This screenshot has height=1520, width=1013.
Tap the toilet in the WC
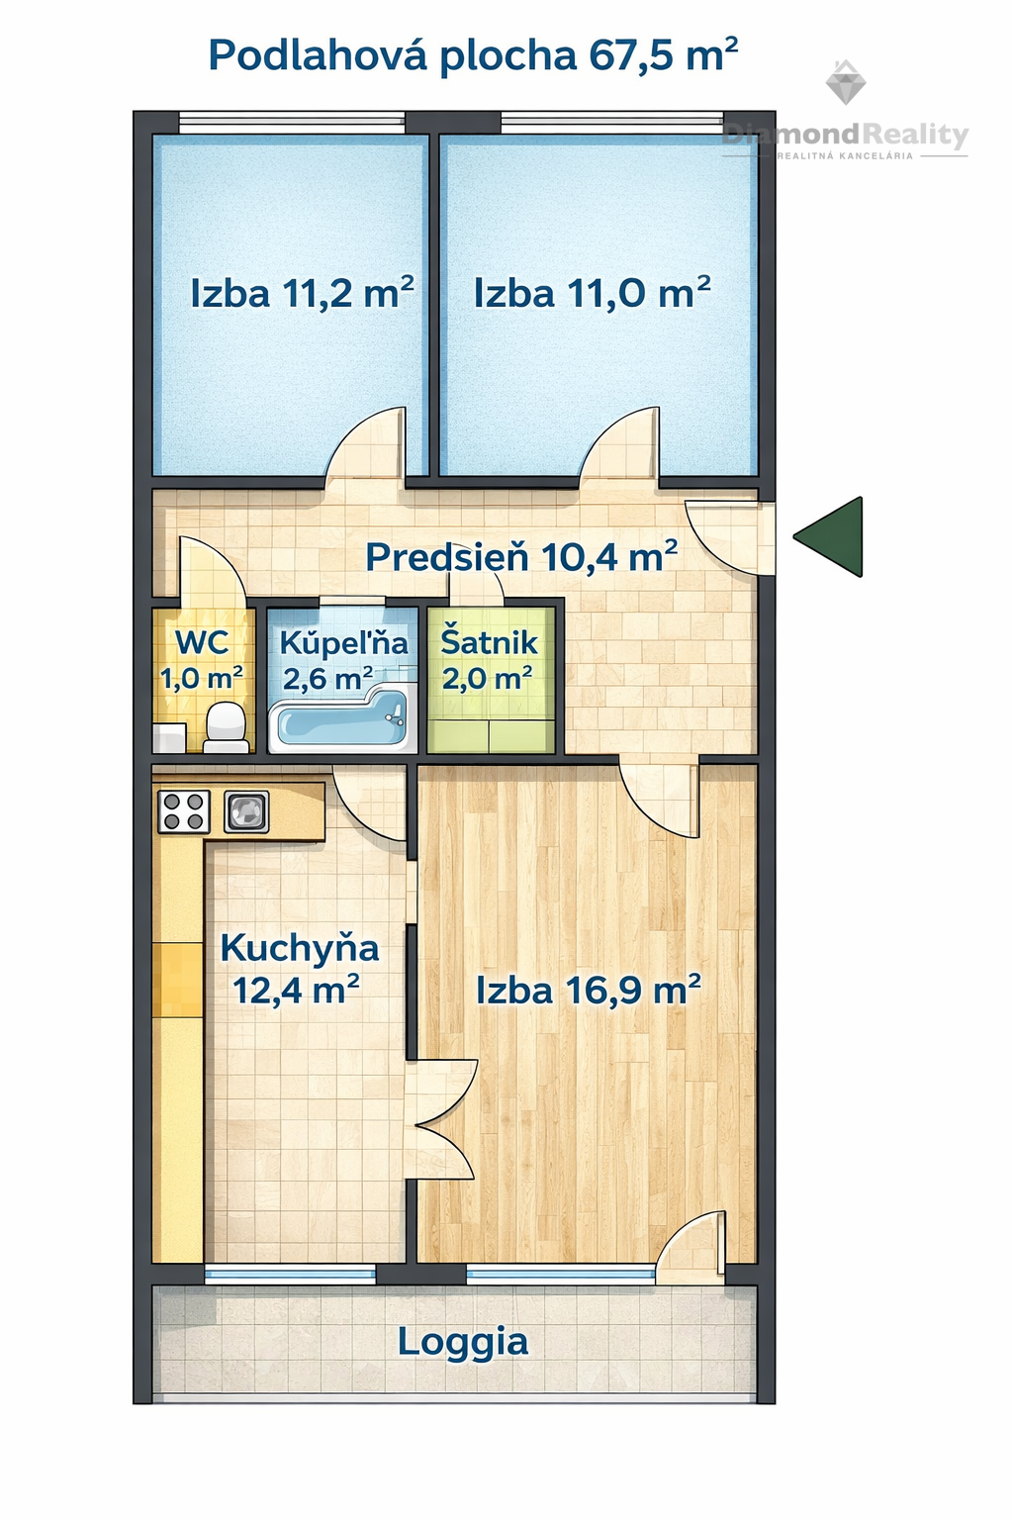[226, 727]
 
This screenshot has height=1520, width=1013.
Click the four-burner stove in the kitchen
[184, 811]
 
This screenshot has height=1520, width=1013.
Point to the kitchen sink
[246, 811]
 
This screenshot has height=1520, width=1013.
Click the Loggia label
[463, 1342]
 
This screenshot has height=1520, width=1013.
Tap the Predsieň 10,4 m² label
[521, 557]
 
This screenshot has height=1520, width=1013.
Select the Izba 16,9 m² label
[589, 990]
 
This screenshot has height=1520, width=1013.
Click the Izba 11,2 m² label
[302, 293]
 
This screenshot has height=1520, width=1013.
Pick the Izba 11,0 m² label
[593, 293]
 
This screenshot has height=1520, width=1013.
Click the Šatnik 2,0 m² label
[488, 660]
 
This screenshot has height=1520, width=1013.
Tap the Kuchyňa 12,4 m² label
[299, 969]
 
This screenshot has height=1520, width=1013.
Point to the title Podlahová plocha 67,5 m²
[473, 54]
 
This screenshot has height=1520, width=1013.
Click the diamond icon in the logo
[846, 82]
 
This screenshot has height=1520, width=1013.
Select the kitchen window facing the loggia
[290, 1275]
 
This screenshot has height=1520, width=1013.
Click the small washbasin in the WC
[169, 738]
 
